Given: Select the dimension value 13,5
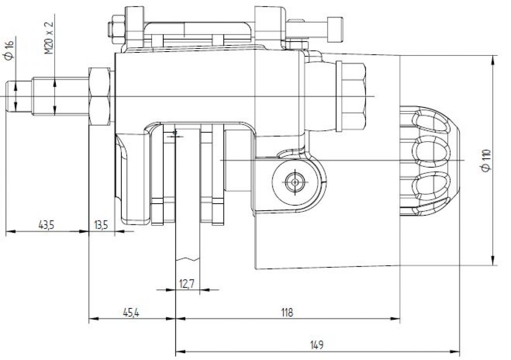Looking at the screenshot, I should pos(101,225).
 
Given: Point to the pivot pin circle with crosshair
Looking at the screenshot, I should pos(295,182).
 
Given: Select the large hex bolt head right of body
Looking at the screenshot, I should pos(352,96).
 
